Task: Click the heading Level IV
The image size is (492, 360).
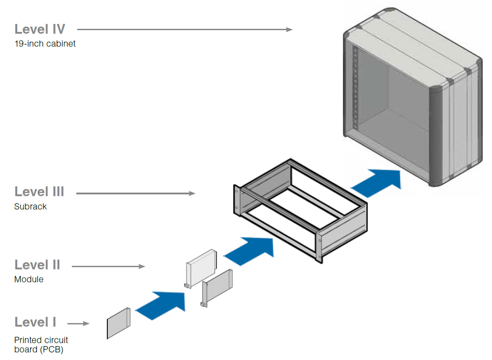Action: click(40, 29)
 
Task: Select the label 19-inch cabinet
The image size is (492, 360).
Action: click(45, 44)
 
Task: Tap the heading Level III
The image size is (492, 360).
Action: click(39, 192)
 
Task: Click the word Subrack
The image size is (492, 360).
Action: click(30, 206)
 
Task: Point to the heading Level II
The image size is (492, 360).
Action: click(37, 265)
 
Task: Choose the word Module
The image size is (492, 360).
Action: click(29, 280)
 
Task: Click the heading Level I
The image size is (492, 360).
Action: click(35, 322)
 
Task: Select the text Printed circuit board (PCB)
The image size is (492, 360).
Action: click(41, 345)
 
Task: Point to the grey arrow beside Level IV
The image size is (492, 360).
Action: click(185, 30)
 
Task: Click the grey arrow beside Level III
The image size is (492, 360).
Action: click(136, 194)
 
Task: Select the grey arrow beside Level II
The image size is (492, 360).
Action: click(108, 266)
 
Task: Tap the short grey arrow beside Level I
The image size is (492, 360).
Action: click(79, 324)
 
